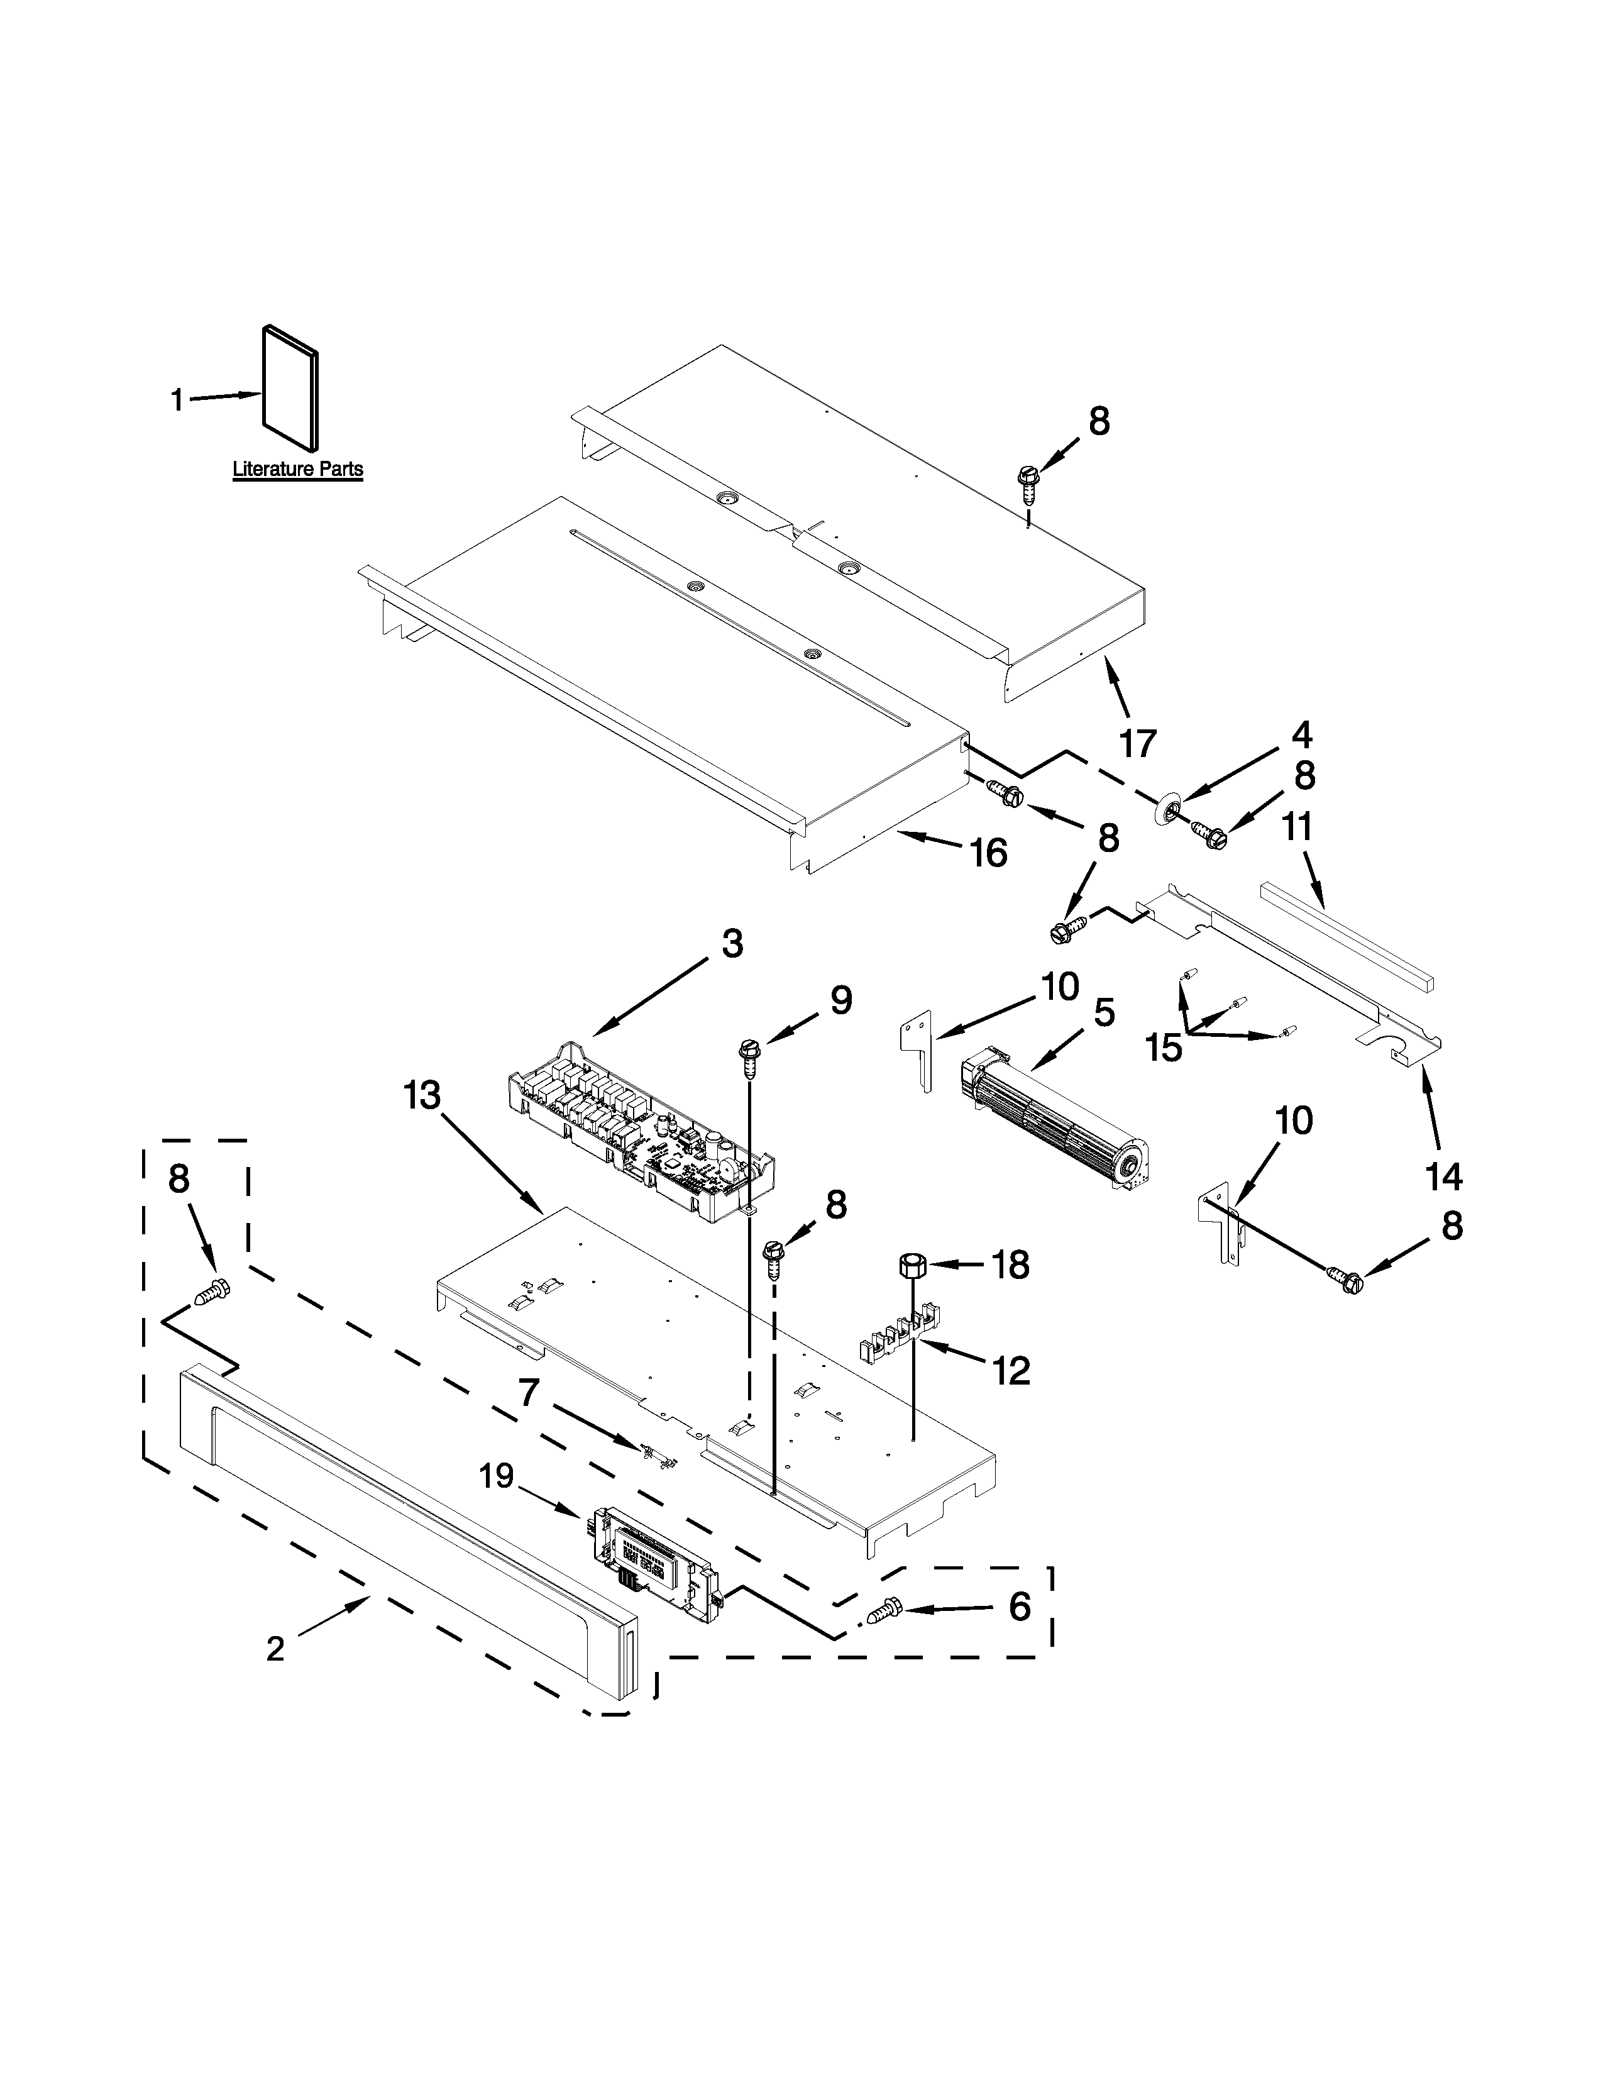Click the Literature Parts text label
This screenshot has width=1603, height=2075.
click(x=297, y=469)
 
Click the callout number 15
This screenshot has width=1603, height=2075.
click(x=1164, y=1047)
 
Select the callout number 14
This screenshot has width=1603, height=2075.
click(x=1443, y=1177)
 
